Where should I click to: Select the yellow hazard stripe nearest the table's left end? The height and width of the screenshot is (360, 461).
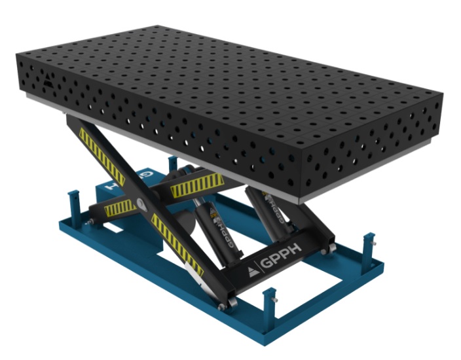96,149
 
